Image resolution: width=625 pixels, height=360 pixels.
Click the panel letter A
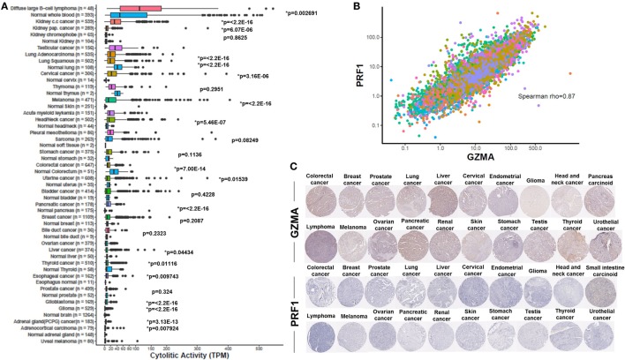coord(4,6)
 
